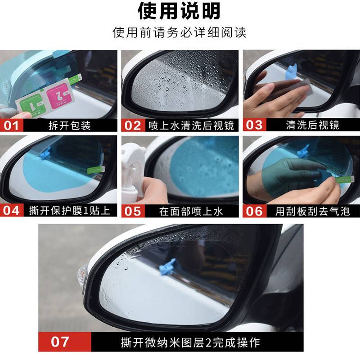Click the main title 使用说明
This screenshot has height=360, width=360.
pos(179,11)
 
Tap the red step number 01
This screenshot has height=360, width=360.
pos(11,125)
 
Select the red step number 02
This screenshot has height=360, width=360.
pos(133,125)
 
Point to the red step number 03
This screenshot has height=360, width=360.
pos(254,125)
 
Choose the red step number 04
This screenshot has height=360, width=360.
pos(11,211)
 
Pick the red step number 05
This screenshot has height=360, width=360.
pos(133,211)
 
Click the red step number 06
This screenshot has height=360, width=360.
pos(254,211)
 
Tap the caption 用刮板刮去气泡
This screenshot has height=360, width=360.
pos(313,211)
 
